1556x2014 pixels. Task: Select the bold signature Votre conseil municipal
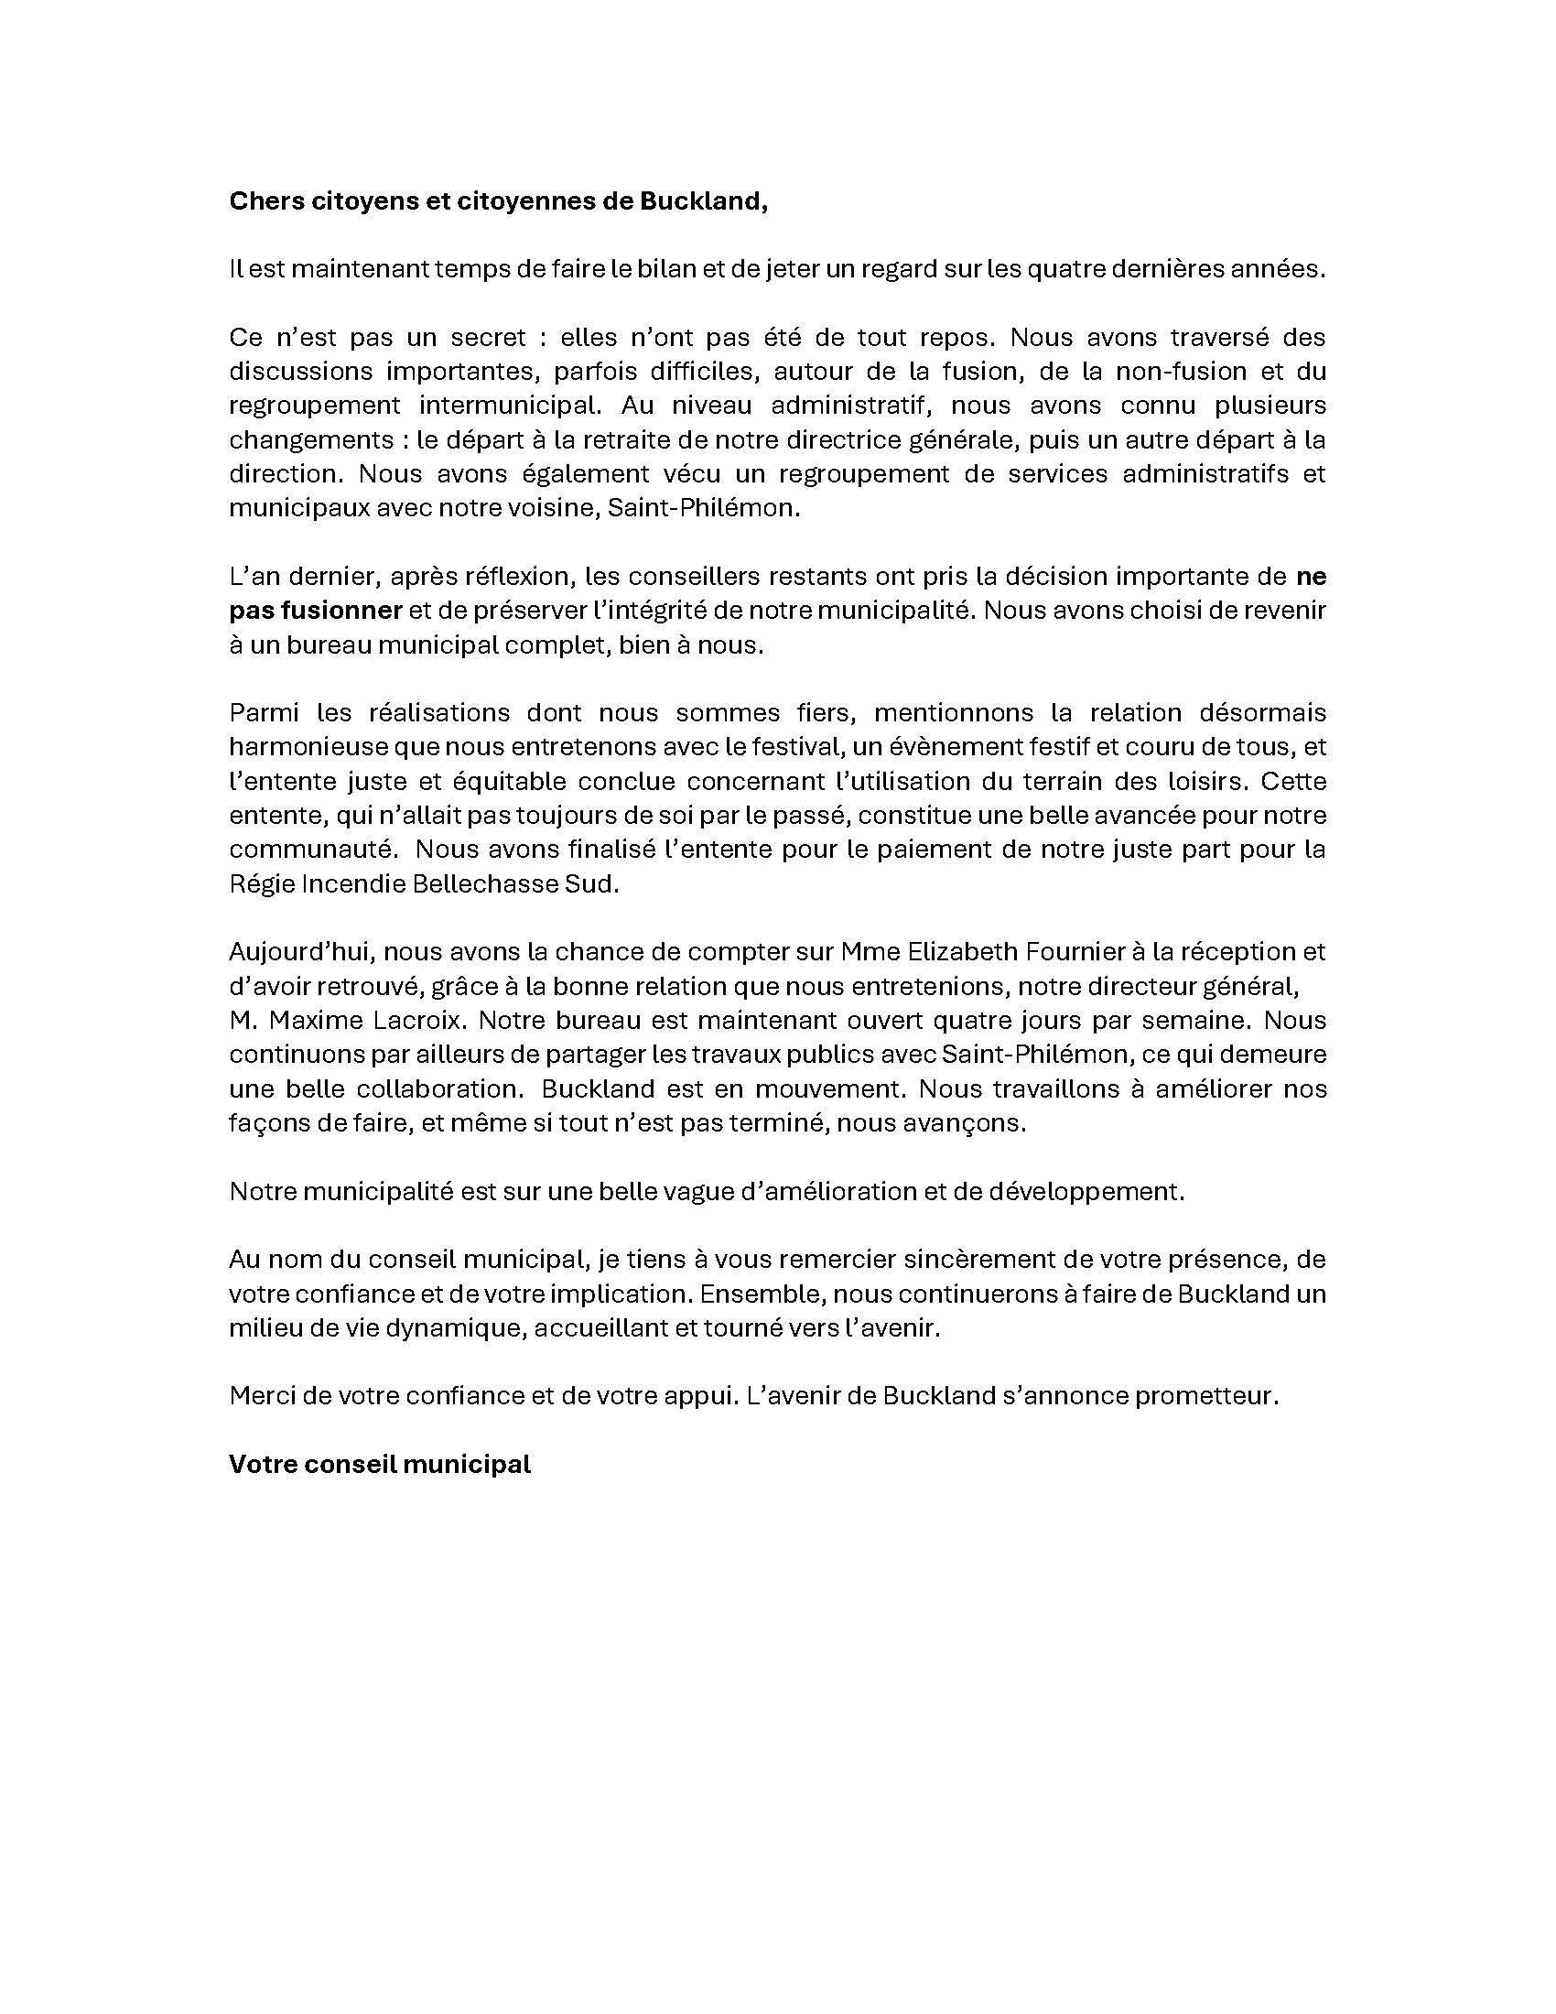coord(380,1465)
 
